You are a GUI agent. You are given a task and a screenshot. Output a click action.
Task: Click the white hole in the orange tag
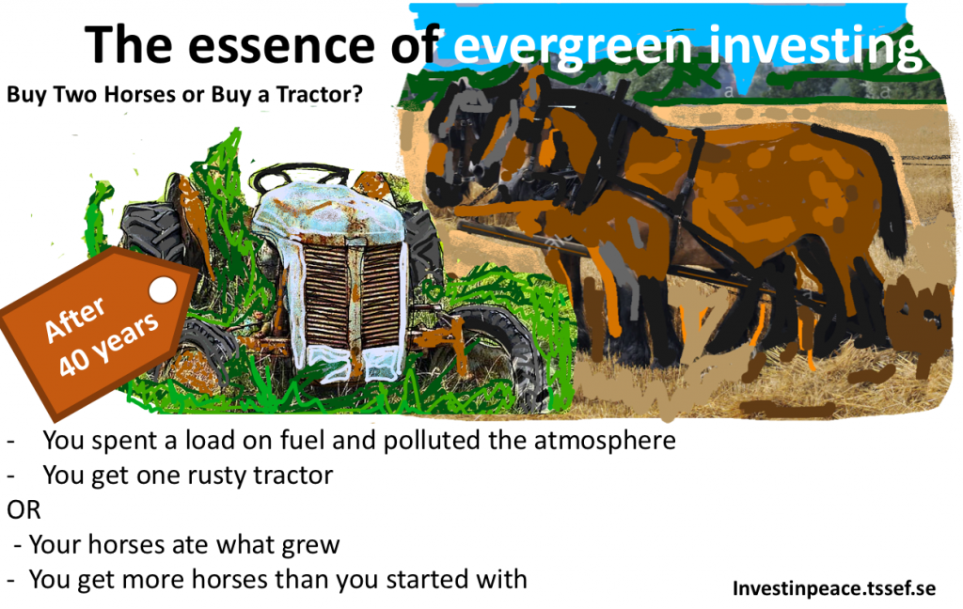tap(163, 289)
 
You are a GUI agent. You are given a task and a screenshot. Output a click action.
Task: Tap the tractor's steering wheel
tap(300, 177)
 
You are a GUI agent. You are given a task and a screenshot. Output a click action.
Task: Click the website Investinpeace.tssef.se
tap(834, 588)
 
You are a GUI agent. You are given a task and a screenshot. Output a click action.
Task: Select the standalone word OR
tap(24, 509)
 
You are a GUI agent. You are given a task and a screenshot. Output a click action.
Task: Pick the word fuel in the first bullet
tap(302, 440)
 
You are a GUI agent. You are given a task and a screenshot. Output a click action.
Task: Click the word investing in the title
tap(814, 48)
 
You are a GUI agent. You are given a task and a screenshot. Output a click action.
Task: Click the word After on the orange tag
tap(75, 320)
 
